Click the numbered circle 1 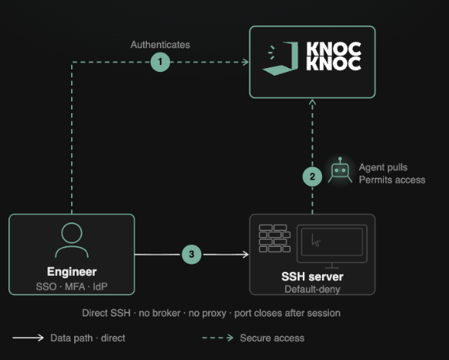(160, 62)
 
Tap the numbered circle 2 (312, 177)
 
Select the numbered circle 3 (191, 254)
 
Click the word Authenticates (160, 44)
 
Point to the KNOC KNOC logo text (333, 57)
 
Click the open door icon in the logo (281, 58)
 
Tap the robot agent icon (340, 170)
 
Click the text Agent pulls (383, 167)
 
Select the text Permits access (392, 180)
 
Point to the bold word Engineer (72, 272)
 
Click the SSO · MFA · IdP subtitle (72, 287)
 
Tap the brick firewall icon (275, 238)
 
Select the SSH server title (312, 277)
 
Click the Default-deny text (312, 290)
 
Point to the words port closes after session (287, 313)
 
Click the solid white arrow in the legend (28, 338)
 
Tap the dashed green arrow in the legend (218, 338)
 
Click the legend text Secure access (272, 338)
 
